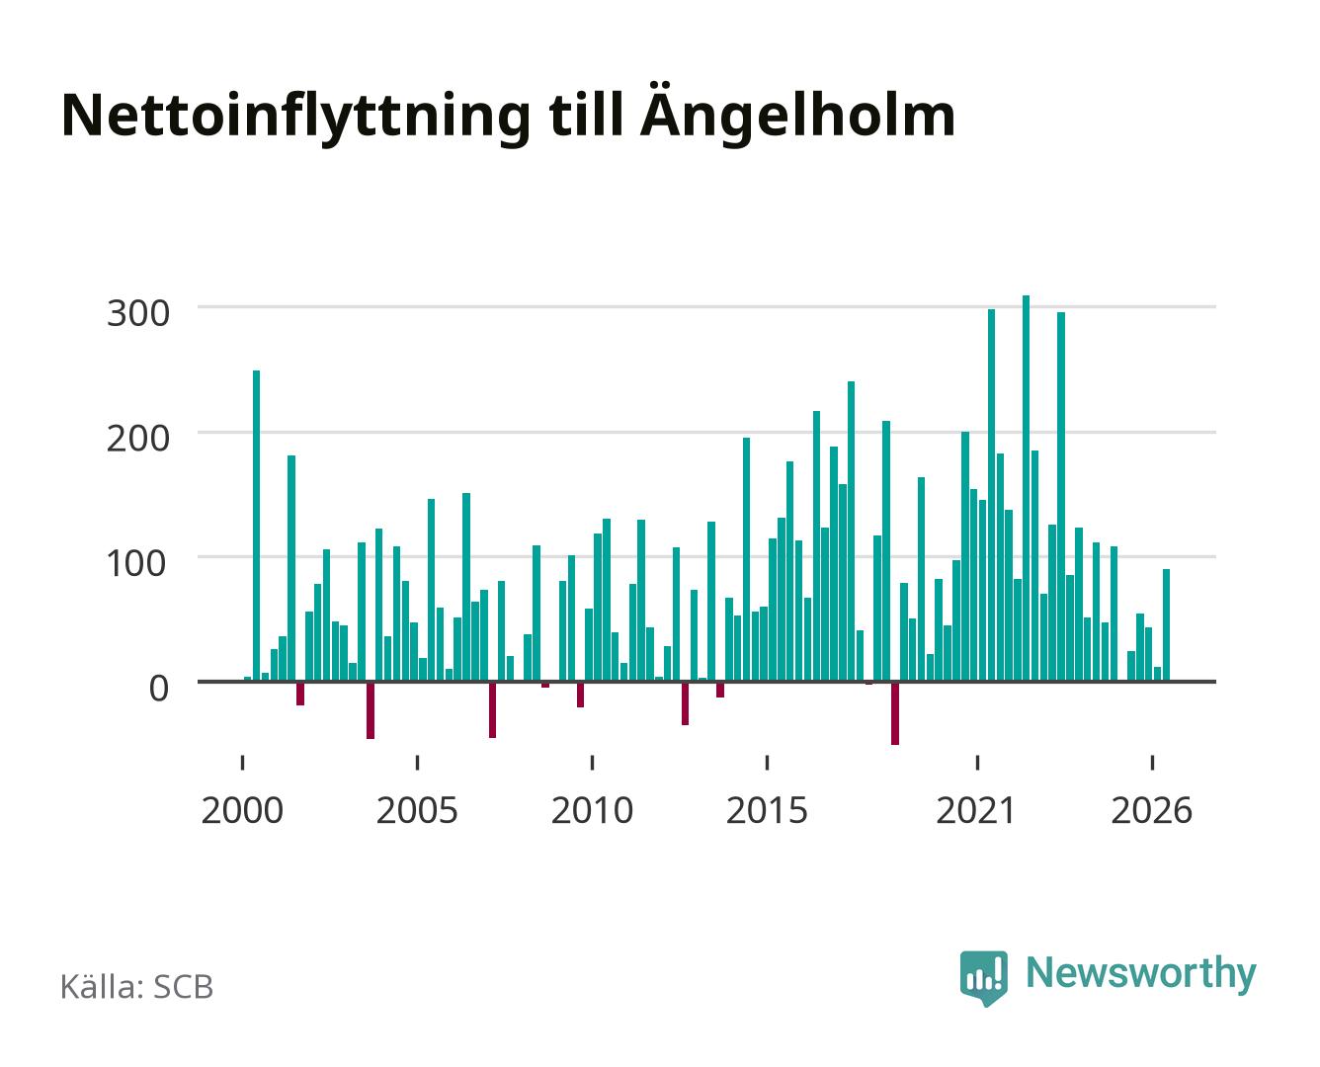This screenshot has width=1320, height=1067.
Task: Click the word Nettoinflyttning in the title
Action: point(295,118)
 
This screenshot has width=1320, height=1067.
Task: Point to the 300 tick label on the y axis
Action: point(137,313)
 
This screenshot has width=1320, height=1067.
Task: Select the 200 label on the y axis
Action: point(137,439)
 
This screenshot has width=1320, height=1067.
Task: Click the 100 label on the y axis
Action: point(136,564)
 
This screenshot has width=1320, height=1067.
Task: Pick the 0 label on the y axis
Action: point(159,689)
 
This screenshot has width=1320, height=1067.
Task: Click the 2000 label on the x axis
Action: point(242,810)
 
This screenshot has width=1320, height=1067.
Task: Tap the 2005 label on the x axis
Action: point(416,810)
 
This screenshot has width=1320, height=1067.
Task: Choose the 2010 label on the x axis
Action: point(592,810)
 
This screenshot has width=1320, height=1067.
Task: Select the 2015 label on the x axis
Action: point(767,810)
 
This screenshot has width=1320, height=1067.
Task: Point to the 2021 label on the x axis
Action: point(975,810)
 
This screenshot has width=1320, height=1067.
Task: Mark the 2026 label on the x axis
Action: point(1151,810)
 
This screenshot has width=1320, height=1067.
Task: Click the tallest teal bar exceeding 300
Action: point(1026,488)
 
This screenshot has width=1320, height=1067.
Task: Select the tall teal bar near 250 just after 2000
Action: point(256,526)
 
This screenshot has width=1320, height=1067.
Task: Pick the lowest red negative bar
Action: point(895,713)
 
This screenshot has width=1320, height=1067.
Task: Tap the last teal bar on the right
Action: point(1166,624)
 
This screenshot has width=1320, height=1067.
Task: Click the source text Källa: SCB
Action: point(136,987)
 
